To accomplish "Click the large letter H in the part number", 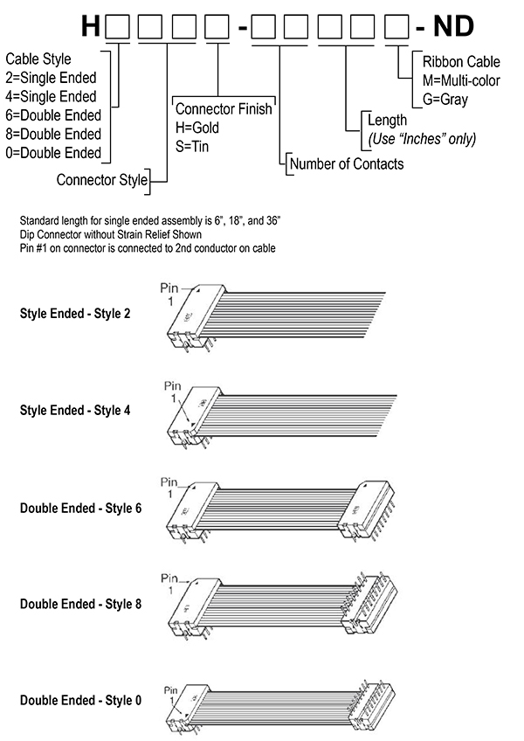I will click(x=91, y=27).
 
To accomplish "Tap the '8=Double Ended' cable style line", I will click(x=53, y=134).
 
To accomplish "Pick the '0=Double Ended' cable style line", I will click(x=53, y=153).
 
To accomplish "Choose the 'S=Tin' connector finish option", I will click(x=195, y=146).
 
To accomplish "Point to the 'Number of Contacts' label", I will click(x=347, y=163).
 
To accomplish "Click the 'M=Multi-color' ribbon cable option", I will click(x=461, y=80).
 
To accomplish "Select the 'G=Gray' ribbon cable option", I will click(x=445, y=99).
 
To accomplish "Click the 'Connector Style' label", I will click(x=100, y=181).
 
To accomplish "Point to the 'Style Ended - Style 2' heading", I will click(x=75, y=312).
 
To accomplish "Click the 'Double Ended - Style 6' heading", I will click(x=79, y=507).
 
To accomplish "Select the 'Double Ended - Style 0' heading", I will click(x=79, y=700).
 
